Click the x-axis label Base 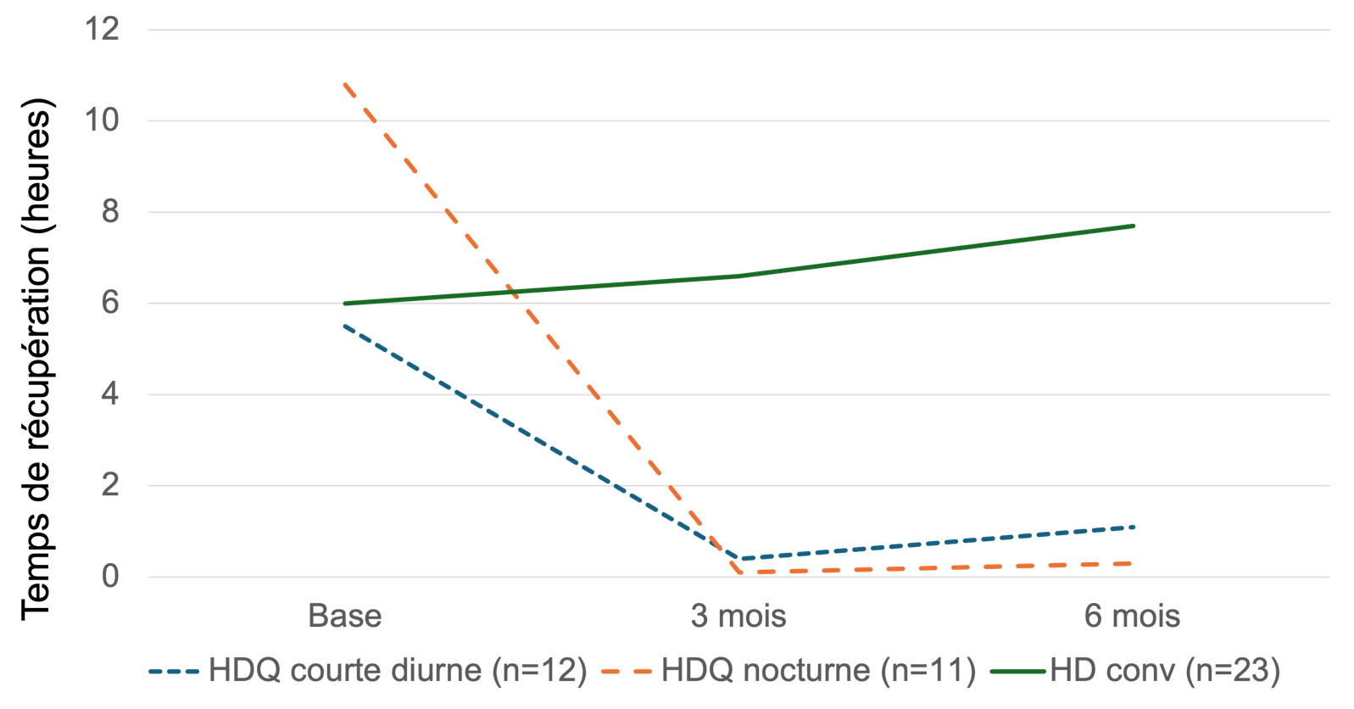pos(344,616)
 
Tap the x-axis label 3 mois pos(738,616)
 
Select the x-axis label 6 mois pos(1132,616)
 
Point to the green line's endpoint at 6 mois pos(1133,226)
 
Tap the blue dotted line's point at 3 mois pos(740,558)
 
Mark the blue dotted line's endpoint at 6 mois pos(1133,527)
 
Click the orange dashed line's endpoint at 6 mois pos(1133,563)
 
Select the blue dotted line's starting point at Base pos(344,326)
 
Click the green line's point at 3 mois pos(738,276)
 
